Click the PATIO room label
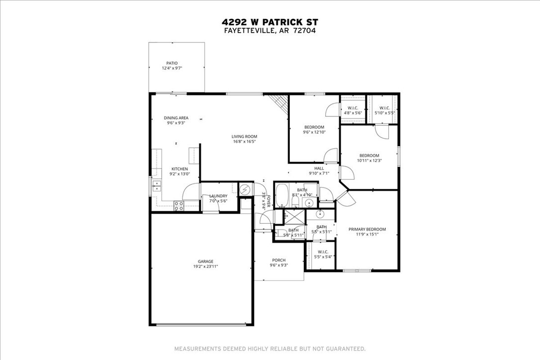(172, 63)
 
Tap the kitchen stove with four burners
(179, 204)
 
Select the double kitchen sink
(157, 187)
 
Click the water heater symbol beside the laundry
(245, 189)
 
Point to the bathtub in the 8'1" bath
(282, 195)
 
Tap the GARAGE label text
(205, 262)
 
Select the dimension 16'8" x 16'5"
(244, 142)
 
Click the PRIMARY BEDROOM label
(367, 229)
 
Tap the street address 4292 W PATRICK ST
(270, 22)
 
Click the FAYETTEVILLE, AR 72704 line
(270, 30)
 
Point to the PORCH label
(279, 260)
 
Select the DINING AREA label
(176, 118)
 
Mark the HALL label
(319, 168)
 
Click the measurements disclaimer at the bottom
(269, 349)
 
